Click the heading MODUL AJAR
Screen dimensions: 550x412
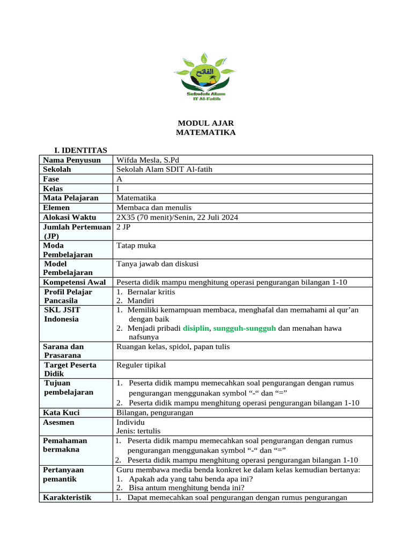[205, 123]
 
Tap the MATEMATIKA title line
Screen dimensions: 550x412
[205, 132]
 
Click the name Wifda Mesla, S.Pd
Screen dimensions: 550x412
[148, 160]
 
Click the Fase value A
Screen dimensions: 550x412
[119, 179]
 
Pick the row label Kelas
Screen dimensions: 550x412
[53, 189]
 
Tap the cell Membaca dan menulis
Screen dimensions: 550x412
[153, 207]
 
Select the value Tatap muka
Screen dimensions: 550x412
[136, 245]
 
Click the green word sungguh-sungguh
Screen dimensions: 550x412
[245, 328]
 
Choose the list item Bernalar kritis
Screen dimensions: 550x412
[151, 292]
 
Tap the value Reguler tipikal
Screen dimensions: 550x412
[141, 365]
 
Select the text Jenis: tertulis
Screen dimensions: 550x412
[138, 431]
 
